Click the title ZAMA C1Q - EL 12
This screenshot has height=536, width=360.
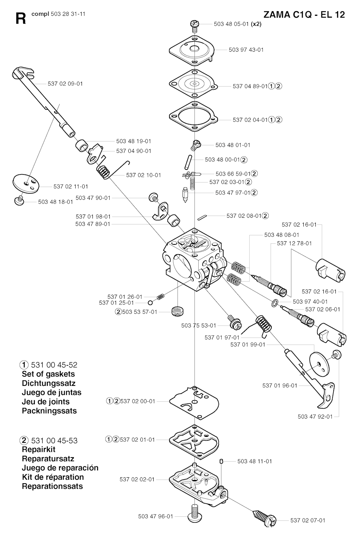pyautogui.click(x=304, y=14)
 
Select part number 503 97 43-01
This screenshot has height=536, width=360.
pyautogui.click(x=246, y=50)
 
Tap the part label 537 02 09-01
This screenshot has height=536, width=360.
pyautogui.click(x=65, y=84)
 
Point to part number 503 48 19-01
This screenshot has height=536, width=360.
pyautogui.click(x=134, y=141)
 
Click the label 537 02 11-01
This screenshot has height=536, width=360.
pyautogui.click(x=71, y=186)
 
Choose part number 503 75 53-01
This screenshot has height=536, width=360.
pyautogui.click(x=199, y=326)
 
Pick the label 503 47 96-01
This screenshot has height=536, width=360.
pyautogui.click(x=155, y=516)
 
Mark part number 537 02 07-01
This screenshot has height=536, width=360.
pyautogui.click(x=308, y=521)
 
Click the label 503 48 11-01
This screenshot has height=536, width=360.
pyautogui.click(x=255, y=461)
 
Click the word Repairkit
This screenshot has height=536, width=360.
pyautogui.click(x=38, y=449)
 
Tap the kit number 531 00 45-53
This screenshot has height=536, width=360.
pyautogui.click(x=54, y=440)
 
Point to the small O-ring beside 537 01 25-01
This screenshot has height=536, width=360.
pyautogui.click(x=150, y=303)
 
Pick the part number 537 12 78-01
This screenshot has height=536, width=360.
pyautogui.click(x=294, y=243)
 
